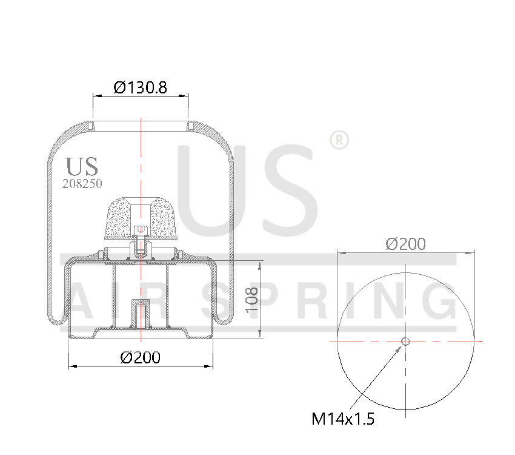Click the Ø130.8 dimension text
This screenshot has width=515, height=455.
pyautogui.click(x=140, y=87)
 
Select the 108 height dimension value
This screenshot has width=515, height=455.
pyautogui.click(x=252, y=299)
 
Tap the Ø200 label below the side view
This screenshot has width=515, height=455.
pyautogui.click(x=140, y=357)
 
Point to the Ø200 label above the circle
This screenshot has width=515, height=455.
pyautogui.click(x=405, y=244)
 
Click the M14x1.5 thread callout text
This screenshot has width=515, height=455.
pyautogui.click(x=342, y=419)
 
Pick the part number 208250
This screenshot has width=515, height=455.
pyautogui.click(x=82, y=183)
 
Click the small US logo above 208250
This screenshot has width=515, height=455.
pyautogui.click(x=82, y=166)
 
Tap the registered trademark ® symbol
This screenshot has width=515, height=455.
pyautogui.click(x=339, y=140)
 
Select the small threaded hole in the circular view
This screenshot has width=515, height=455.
pyautogui.click(x=405, y=342)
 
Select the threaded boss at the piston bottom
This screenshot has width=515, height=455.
pyautogui.click(x=140, y=314)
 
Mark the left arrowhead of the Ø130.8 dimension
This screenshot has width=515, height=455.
pyautogui.click(x=95, y=95)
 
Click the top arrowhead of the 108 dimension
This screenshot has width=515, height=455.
pyautogui.click(x=261, y=265)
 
